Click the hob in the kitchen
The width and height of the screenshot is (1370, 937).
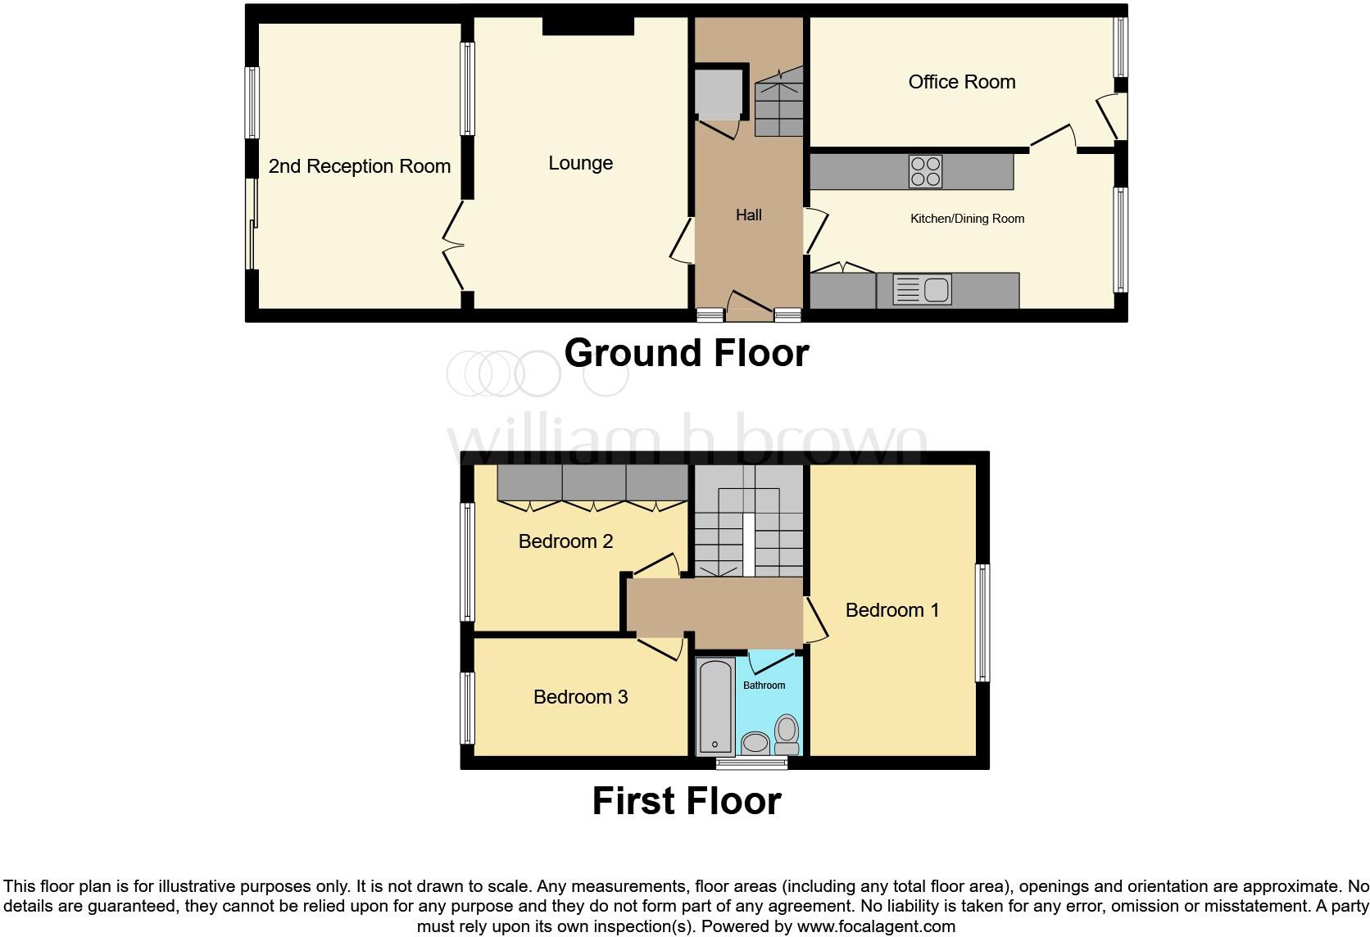[x=925, y=171]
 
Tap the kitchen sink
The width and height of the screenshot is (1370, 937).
[x=923, y=290]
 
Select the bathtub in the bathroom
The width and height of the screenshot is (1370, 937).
[x=715, y=707]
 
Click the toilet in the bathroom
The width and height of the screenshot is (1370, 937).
[x=787, y=736]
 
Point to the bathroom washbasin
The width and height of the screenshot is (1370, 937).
[x=756, y=743]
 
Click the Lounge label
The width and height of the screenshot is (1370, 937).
[x=580, y=163]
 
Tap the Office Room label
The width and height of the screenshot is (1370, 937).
[x=961, y=82]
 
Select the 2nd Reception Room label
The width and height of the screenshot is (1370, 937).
[x=360, y=166]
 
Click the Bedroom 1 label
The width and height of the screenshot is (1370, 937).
[x=891, y=610]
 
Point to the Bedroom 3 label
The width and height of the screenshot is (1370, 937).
[x=580, y=697]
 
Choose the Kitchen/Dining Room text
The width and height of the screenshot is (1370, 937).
[x=967, y=219]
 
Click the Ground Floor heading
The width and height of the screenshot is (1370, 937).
[x=686, y=353]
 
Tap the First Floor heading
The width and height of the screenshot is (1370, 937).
[x=686, y=801]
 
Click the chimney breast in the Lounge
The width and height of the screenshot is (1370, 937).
[x=588, y=26]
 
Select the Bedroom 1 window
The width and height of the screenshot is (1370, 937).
[x=982, y=622]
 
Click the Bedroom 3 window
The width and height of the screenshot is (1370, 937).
[x=467, y=708]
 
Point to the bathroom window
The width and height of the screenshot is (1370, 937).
[x=751, y=763]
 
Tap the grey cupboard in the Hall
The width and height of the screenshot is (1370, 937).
[x=719, y=94]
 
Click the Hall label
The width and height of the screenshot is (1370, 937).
[x=749, y=215]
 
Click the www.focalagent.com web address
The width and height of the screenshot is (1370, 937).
[x=876, y=926]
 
